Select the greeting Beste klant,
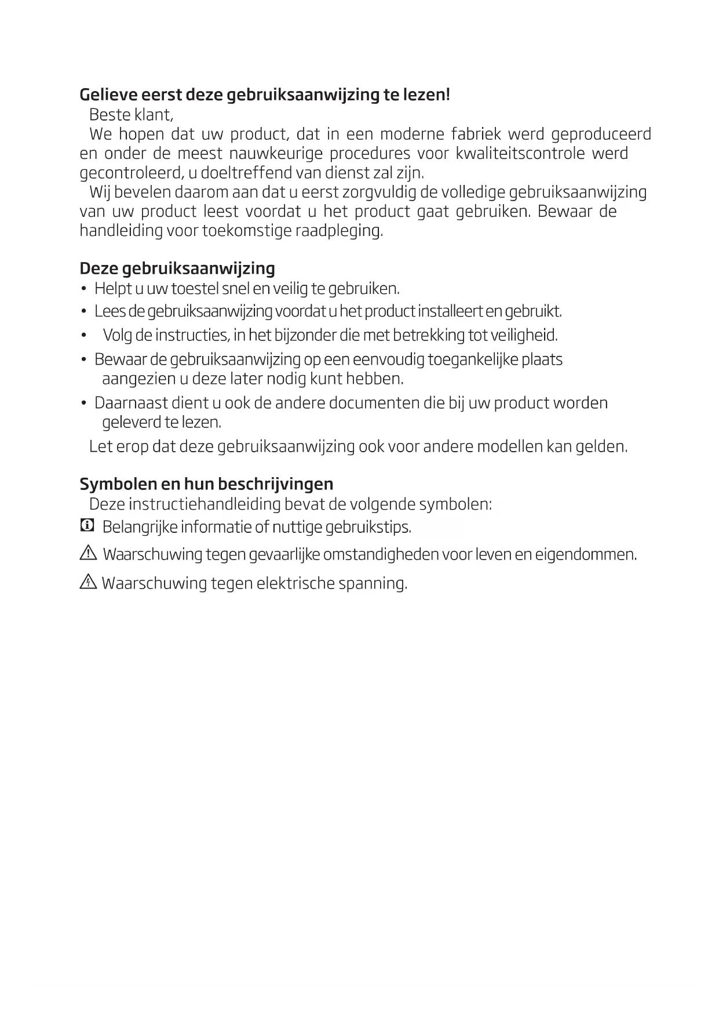point(131,114)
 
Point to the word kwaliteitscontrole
point(520,154)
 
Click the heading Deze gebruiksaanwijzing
point(177,268)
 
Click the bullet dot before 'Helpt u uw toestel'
point(84,289)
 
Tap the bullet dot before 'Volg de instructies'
point(84,336)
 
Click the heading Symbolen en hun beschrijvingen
point(206,484)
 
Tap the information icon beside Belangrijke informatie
point(86,526)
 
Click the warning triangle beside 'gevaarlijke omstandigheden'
point(87,554)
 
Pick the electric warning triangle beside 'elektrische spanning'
point(87,582)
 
